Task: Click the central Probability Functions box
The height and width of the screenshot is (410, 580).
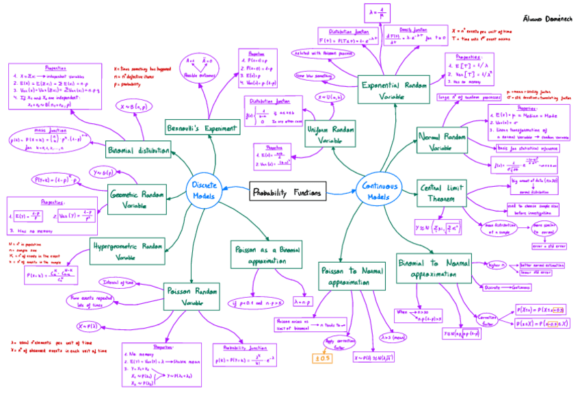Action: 288,193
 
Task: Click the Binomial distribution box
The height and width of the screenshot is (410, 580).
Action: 138,150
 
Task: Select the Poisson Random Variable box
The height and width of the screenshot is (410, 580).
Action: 191,296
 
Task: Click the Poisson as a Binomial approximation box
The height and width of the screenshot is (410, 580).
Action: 267,255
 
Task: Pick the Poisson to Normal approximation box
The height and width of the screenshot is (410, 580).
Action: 348,276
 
